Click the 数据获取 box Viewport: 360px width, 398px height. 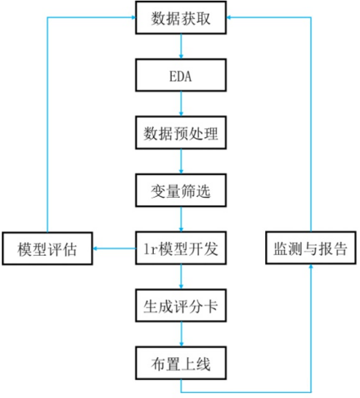tap(181, 17)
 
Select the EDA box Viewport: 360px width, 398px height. tap(181, 75)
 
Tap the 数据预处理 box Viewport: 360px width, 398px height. tap(181, 133)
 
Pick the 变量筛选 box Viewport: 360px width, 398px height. tap(181, 190)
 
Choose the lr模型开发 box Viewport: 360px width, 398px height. tap(181, 248)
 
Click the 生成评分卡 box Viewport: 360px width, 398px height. tap(181, 305)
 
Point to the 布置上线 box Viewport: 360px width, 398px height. tap(181, 363)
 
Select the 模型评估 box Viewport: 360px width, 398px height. tap(47, 249)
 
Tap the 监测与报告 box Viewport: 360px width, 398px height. tap(310, 248)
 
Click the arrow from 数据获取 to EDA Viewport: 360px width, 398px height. tap(181, 47)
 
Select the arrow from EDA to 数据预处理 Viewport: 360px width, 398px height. tap(181, 104)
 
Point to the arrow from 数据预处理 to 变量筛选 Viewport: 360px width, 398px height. tap(181, 161)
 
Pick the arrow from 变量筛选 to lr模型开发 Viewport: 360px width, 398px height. tap(181, 219)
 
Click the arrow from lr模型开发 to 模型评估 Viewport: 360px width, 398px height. tap(114, 249)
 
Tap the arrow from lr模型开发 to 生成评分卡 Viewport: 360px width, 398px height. tap(181, 277)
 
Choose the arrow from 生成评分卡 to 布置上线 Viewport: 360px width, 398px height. tap(181, 335)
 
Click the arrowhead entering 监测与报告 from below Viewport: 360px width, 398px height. tap(310, 267)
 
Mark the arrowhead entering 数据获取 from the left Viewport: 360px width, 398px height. tap(133, 17)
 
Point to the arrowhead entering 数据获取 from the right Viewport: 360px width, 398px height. tap(229, 17)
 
